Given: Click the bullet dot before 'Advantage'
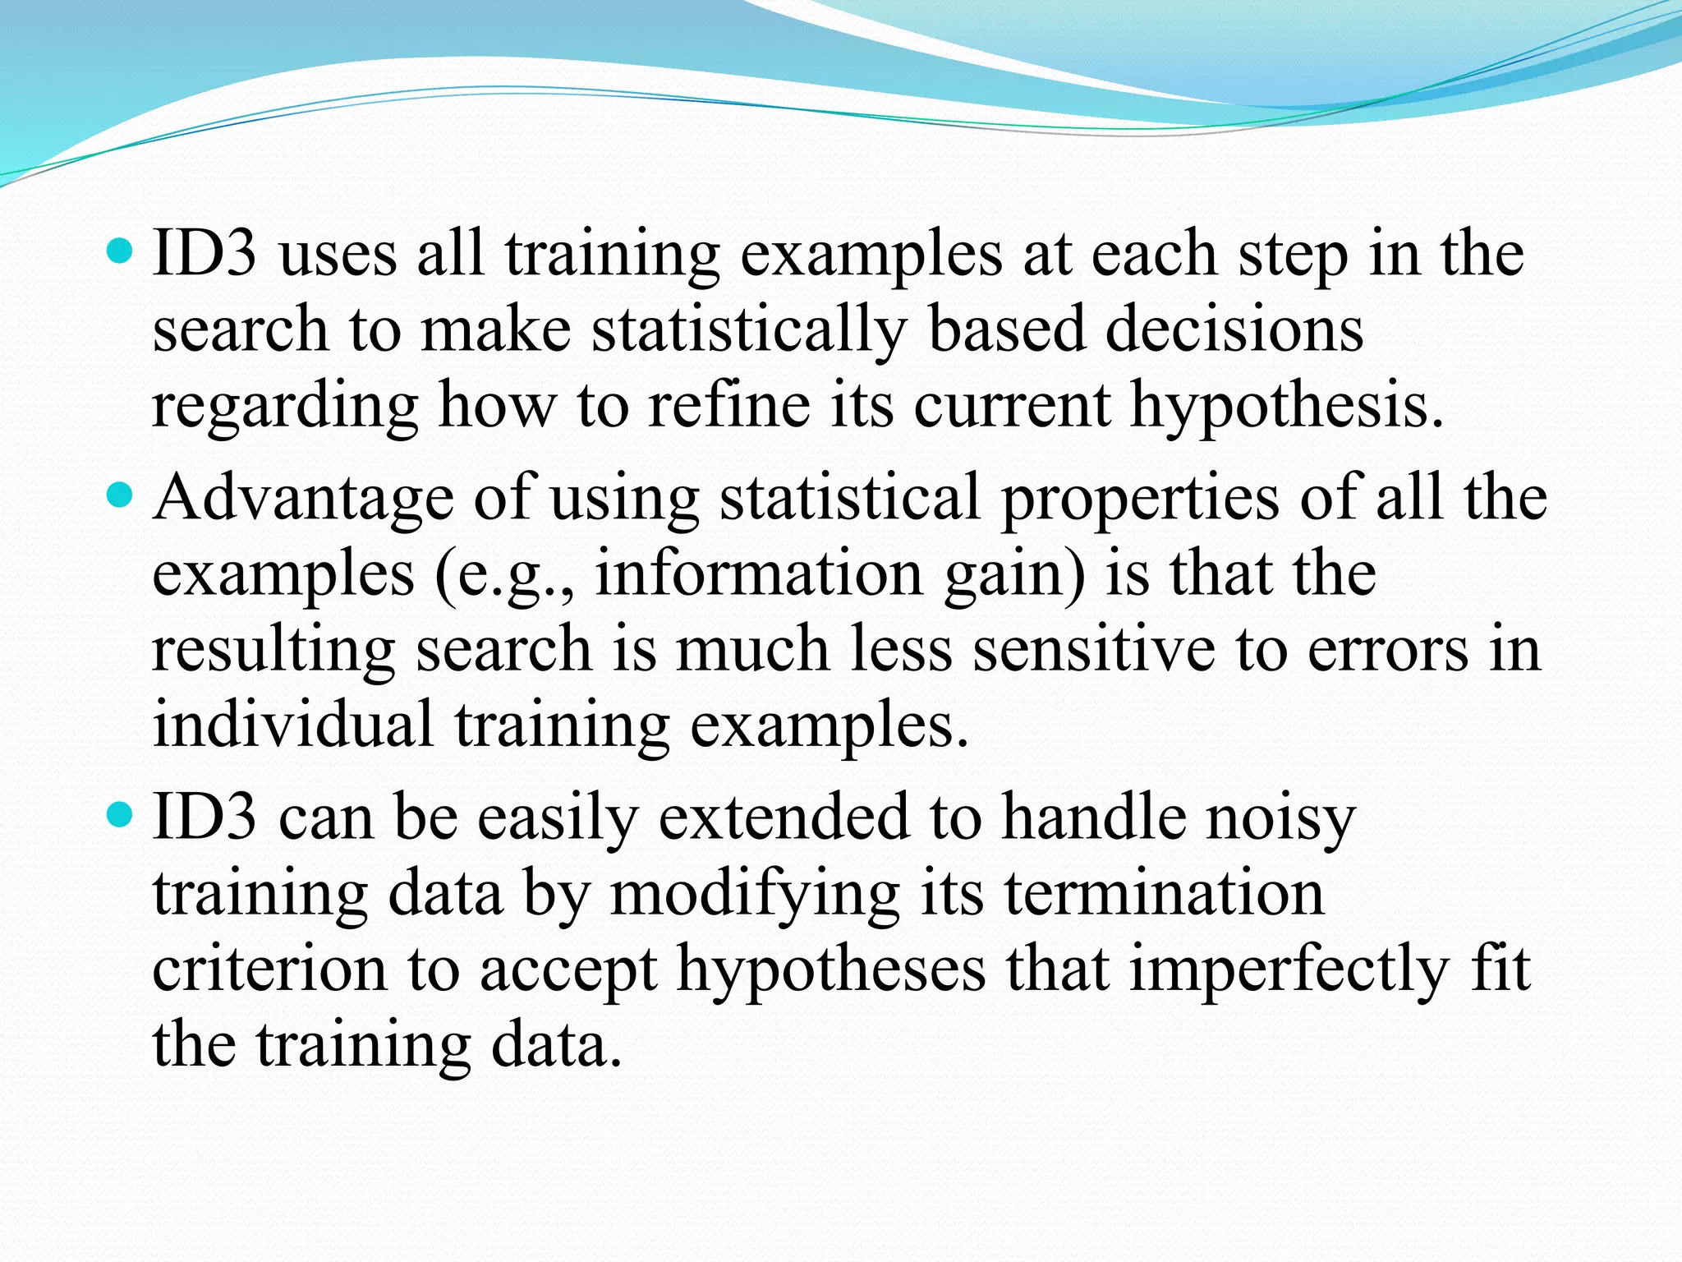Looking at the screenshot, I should coord(120,495).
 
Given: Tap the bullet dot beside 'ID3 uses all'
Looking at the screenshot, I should coord(120,251).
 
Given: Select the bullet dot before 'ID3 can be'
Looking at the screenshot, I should coord(120,815).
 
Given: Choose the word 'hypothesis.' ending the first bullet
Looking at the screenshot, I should coord(1286,407).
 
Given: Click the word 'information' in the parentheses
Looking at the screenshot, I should coord(759,573).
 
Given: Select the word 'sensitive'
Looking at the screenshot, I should coord(1093,649).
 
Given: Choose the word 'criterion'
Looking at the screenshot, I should coord(269,969).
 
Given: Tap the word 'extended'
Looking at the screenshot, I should coord(784,818).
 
